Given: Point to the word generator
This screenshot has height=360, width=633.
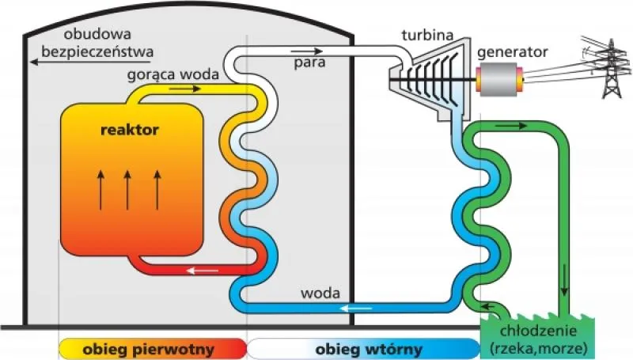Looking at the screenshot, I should coord(512,52).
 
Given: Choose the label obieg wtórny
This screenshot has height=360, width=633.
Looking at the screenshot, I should coord(369,348).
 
